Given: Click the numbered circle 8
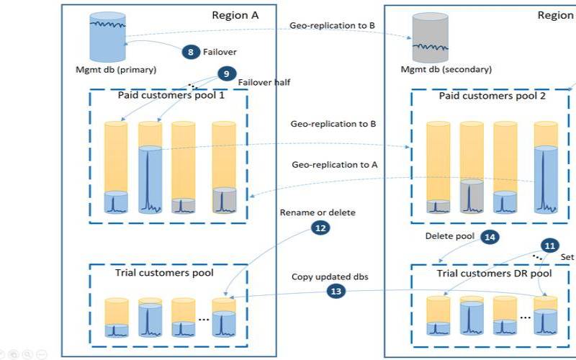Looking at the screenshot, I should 191,52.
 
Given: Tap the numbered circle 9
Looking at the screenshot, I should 226,73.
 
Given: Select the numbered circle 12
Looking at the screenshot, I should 320,227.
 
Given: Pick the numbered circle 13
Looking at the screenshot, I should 336,291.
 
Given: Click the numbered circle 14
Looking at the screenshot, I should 490,236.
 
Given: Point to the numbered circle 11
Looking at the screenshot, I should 549,246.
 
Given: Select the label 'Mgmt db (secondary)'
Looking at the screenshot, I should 446,70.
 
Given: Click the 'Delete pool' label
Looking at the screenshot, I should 449,236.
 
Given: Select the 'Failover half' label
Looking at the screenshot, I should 264,82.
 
